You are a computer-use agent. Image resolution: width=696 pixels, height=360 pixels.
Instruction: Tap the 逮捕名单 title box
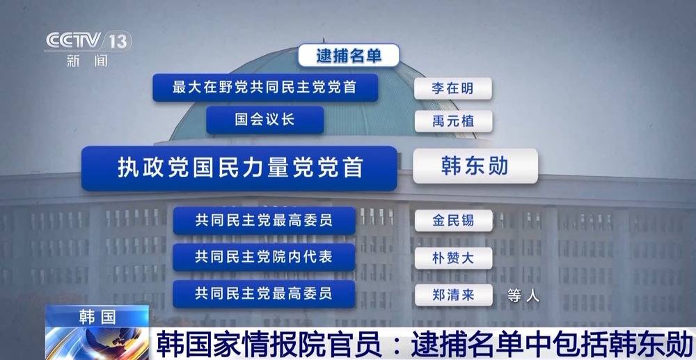[x=349, y=56]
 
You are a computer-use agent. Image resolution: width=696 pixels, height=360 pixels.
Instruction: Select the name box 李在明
[x=453, y=88]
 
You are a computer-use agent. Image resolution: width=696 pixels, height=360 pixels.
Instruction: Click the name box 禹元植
[x=453, y=121]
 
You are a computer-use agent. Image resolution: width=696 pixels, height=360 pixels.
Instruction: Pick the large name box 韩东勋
[x=475, y=166]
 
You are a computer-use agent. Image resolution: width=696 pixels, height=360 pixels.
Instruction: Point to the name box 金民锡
[x=453, y=221]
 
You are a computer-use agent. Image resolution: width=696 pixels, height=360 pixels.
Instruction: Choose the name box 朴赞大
[x=453, y=258]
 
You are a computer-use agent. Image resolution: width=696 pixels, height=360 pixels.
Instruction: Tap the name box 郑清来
[x=453, y=295]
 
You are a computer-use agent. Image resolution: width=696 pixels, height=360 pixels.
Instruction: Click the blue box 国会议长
[x=265, y=120]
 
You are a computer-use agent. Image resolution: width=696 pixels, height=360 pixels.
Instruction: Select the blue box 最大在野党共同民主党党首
[x=265, y=88]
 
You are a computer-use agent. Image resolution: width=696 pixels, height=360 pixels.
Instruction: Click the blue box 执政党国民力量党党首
[x=239, y=169]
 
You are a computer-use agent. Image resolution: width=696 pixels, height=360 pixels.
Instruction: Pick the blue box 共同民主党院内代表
[x=264, y=257]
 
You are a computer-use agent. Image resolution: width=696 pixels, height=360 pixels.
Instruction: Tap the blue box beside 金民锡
[x=264, y=221]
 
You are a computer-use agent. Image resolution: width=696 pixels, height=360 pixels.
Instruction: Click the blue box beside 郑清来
[x=264, y=294]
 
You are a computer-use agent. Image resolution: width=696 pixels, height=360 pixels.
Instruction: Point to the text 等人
[x=524, y=296]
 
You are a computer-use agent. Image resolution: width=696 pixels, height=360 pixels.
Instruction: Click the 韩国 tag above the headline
[x=97, y=317]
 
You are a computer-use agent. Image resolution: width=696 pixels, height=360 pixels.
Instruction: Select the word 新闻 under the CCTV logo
[x=88, y=61]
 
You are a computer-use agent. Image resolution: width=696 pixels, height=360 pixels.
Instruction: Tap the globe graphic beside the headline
[x=97, y=344]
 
